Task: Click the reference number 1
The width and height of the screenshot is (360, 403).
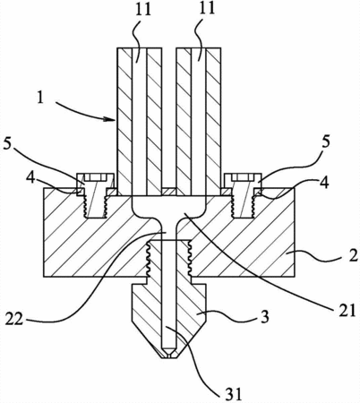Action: [x=40, y=98]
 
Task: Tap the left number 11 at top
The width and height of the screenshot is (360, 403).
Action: [x=142, y=9]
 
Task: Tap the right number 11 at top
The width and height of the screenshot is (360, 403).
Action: [x=206, y=8]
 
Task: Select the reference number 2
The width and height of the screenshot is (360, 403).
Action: [x=353, y=255]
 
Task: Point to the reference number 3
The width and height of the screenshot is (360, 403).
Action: [x=264, y=316]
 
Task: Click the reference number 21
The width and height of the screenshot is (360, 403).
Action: [x=347, y=310]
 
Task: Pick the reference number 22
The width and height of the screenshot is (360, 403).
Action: [x=14, y=320]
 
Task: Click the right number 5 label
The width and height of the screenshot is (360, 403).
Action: [x=326, y=142]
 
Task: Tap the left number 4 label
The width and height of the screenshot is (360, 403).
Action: [x=30, y=178]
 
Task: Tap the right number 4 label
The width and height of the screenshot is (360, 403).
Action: [x=324, y=182]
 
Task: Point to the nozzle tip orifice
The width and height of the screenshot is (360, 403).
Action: [x=169, y=356]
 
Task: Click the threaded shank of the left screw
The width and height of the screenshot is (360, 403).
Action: [x=95, y=206]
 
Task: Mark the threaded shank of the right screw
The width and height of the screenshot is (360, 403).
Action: [x=243, y=206]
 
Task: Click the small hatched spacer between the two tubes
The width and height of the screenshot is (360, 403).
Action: [x=169, y=192]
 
